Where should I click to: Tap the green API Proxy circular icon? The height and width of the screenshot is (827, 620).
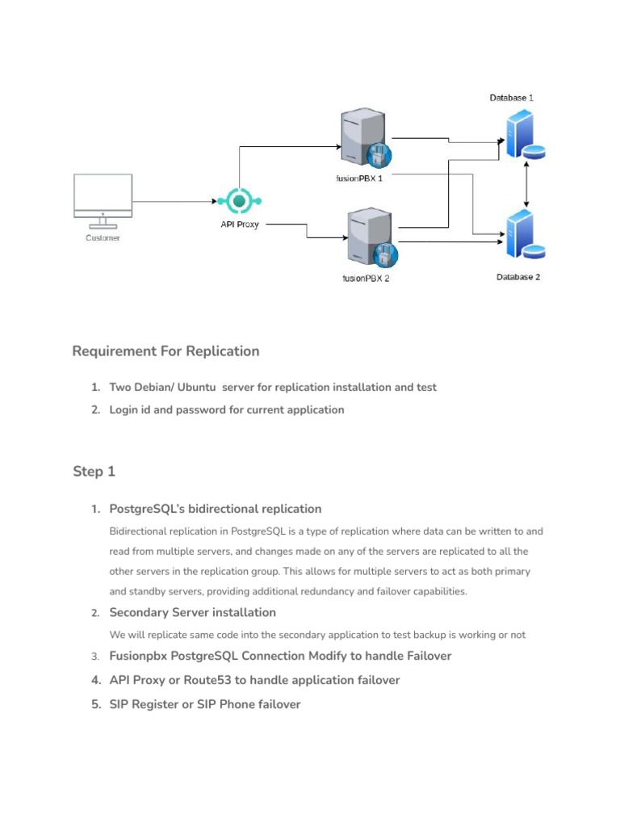[240, 200]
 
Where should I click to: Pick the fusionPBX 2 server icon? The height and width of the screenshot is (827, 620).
[370, 237]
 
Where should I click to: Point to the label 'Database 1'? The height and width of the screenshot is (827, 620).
[511, 98]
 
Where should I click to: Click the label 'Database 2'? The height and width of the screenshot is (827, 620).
[517, 277]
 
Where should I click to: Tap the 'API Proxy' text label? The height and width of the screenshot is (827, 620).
[240, 225]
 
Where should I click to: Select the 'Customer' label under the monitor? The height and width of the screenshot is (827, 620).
[103, 238]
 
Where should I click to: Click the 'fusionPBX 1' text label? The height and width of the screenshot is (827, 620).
[359, 178]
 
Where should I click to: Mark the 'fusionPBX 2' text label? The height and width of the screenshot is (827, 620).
[366, 279]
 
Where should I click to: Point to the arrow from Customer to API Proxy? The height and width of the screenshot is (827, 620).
[174, 200]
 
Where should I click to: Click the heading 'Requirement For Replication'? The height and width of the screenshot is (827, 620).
[165, 351]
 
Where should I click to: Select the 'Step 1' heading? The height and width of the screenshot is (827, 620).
[94, 472]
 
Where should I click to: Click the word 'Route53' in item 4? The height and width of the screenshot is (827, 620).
[207, 680]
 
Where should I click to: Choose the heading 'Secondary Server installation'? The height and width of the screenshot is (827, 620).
[192, 612]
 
